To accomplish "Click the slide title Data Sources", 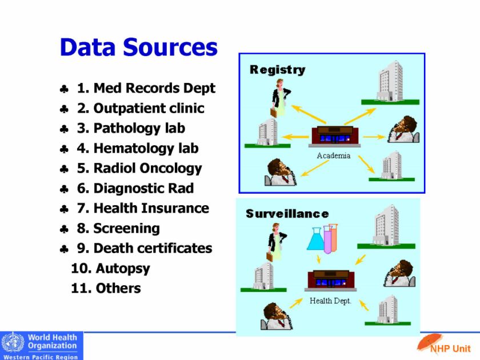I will coord(138,47).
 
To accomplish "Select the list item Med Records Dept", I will coord(146,89).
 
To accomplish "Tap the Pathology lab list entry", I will coord(131,128).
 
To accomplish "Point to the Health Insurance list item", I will coord(143,208).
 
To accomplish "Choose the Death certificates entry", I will coord(145,248).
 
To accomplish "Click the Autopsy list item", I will coord(110,268).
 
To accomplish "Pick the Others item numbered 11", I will coord(106,288).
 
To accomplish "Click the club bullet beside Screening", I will coord(65,229).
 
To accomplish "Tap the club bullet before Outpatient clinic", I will coord(65,109).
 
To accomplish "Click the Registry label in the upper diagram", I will coord(277,70).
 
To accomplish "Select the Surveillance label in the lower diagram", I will coord(287,214).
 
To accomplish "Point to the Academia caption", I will coord(333,155).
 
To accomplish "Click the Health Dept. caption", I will coord(330,301).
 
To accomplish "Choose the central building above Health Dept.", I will coord(331,281).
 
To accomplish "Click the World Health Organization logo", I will coord(42,346).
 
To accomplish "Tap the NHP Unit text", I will coord(450,349).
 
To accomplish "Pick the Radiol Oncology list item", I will coord(139,168).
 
